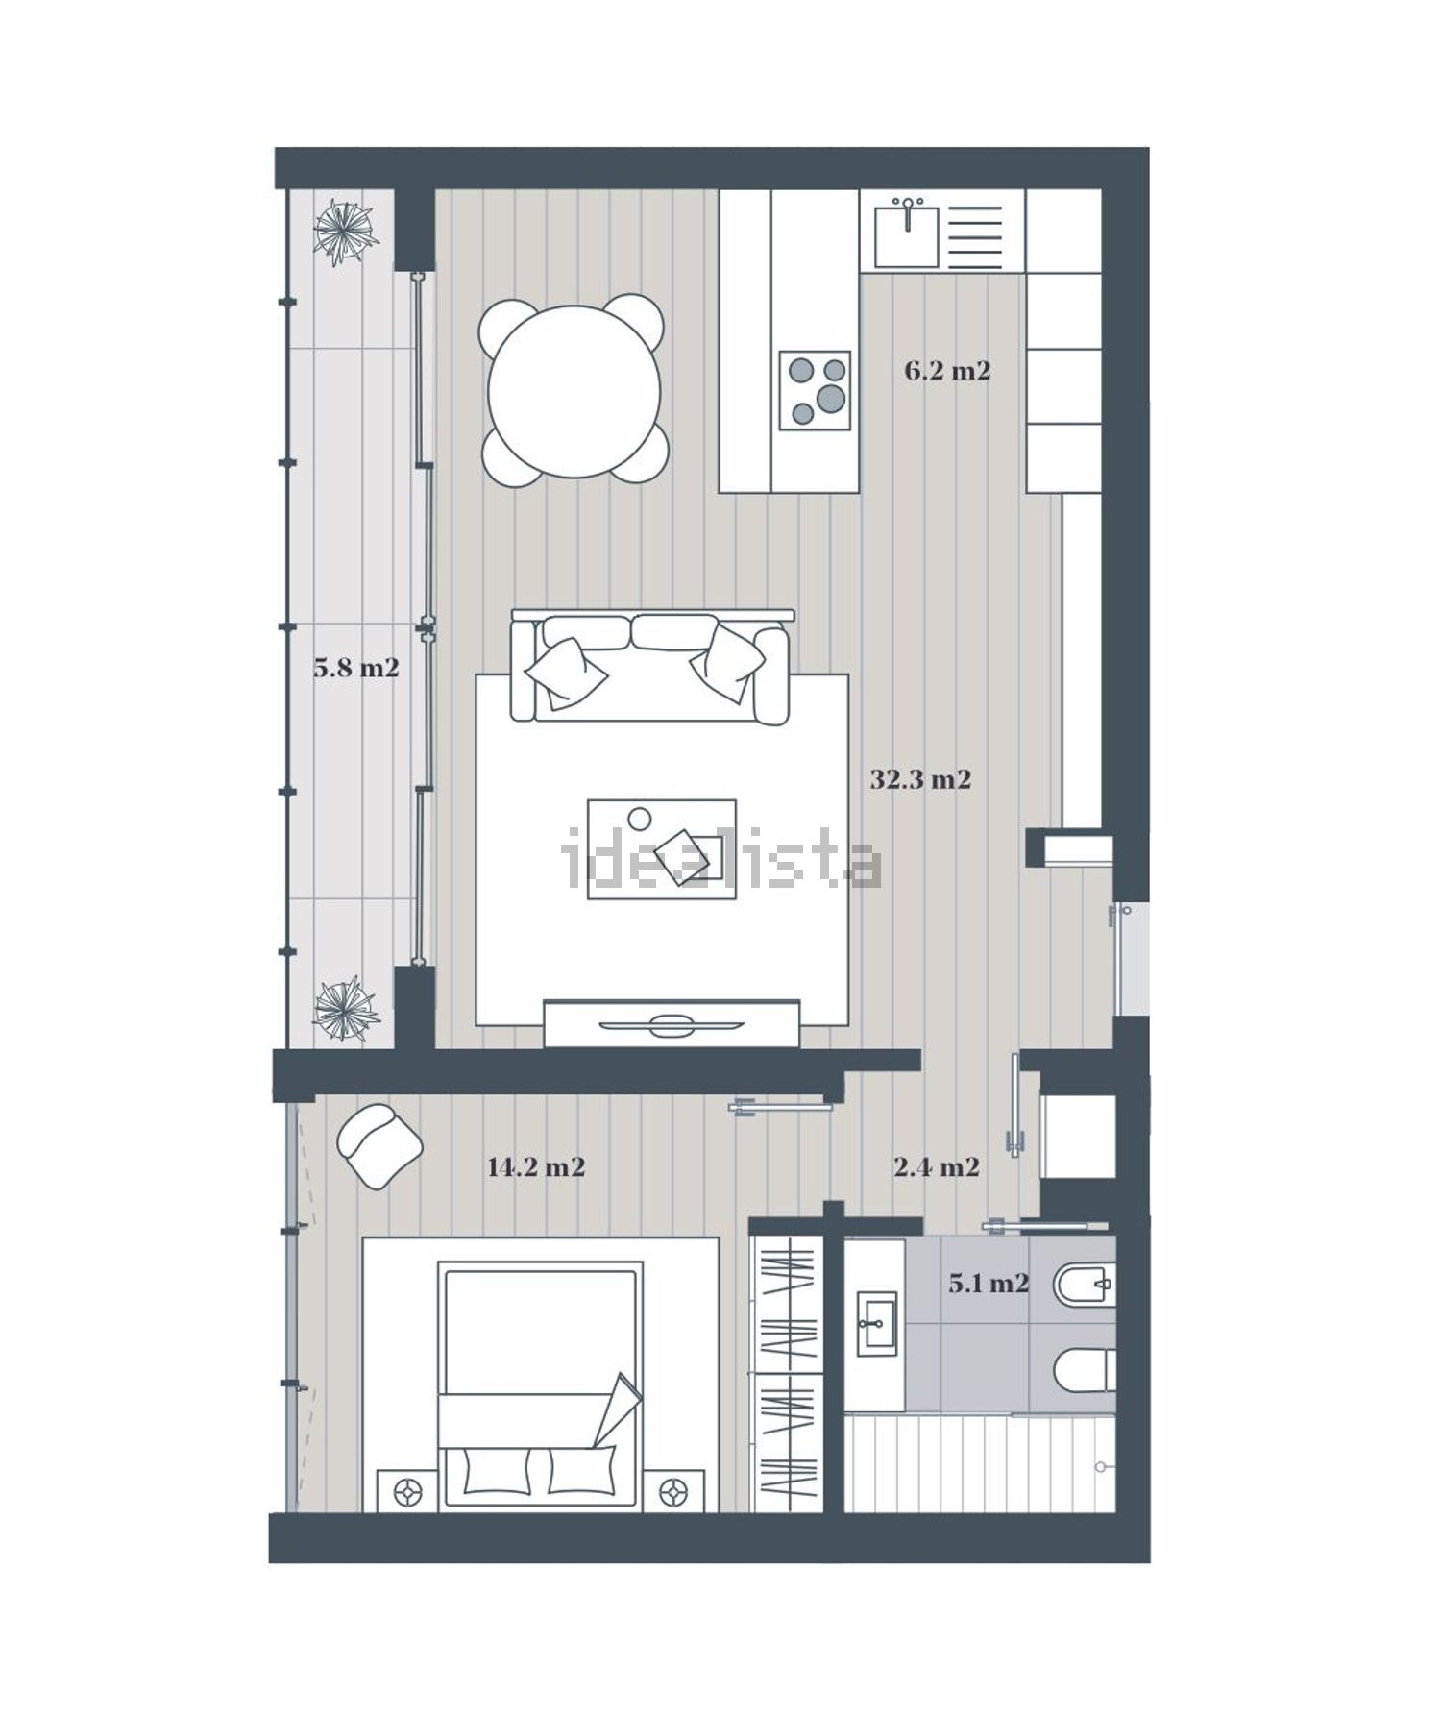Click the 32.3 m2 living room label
click(x=920, y=779)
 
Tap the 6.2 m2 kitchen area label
click(x=947, y=371)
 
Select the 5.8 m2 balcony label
click(x=356, y=668)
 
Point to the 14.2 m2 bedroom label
click(x=536, y=1167)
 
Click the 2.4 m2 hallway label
click(x=937, y=1167)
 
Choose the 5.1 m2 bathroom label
click(x=989, y=1283)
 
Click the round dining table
click(x=574, y=391)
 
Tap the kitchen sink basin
click(x=906, y=236)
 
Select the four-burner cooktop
click(x=815, y=390)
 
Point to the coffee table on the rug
click(x=662, y=849)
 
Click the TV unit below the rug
click(x=672, y=1024)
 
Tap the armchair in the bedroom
click(x=379, y=1146)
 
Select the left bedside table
click(x=409, y=1491)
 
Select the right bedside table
click(x=674, y=1491)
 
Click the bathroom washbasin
click(x=875, y=1324)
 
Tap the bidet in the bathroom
click(x=1085, y=1282)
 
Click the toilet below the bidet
click(x=1085, y=1370)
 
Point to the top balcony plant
click(x=344, y=232)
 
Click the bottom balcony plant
click(x=344, y=1009)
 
